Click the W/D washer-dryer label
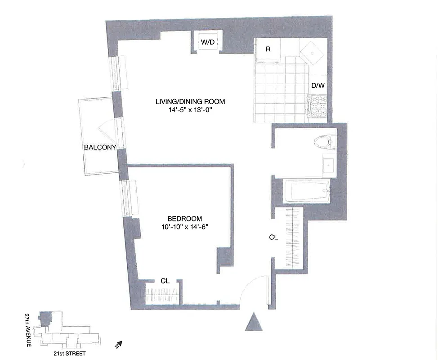click(x=207, y=42)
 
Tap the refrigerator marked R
click(x=268, y=49)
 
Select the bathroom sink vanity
click(x=329, y=163)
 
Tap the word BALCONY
click(x=100, y=147)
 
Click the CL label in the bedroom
click(x=165, y=280)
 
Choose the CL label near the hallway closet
click(x=273, y=237)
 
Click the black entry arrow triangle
click(x=254, y=322)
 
